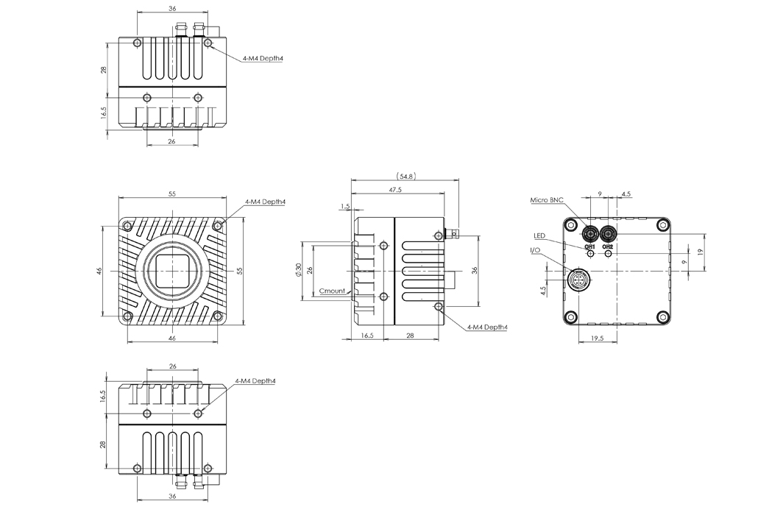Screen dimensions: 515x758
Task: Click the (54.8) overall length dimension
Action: pyautogui.click(x=405, y=177)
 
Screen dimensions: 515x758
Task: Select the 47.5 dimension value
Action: pyautogui.click(x=395, y=190)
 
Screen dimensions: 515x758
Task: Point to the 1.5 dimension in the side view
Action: pyautogui.click(x=345, y=207)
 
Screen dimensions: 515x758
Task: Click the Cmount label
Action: pyautogui.click(x=332, y=291)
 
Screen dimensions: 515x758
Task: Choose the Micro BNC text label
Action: pyautogui.click(x=547, y=200)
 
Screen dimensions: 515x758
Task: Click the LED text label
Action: pyautogui.click(x=540, y=235)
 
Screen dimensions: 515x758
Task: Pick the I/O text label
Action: pyautogui.click(x=534, y=251)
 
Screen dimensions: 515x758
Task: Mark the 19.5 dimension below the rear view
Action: pyautogui.click(x=597, y=338)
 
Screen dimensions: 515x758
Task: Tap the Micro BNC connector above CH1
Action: pyautogui.click(x=590, y=234)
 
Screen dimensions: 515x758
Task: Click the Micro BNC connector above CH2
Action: pyautogui.click(x=608, y=234)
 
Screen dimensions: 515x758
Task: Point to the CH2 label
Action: pyautogui.click(x=608, y=246)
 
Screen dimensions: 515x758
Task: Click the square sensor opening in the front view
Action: pyautogui.click(x=172, y=271)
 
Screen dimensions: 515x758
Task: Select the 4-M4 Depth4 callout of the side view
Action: pyautogui.click(x=487, y=327)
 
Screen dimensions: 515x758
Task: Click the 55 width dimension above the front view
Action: pyautogui.click(x=172, y=194)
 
